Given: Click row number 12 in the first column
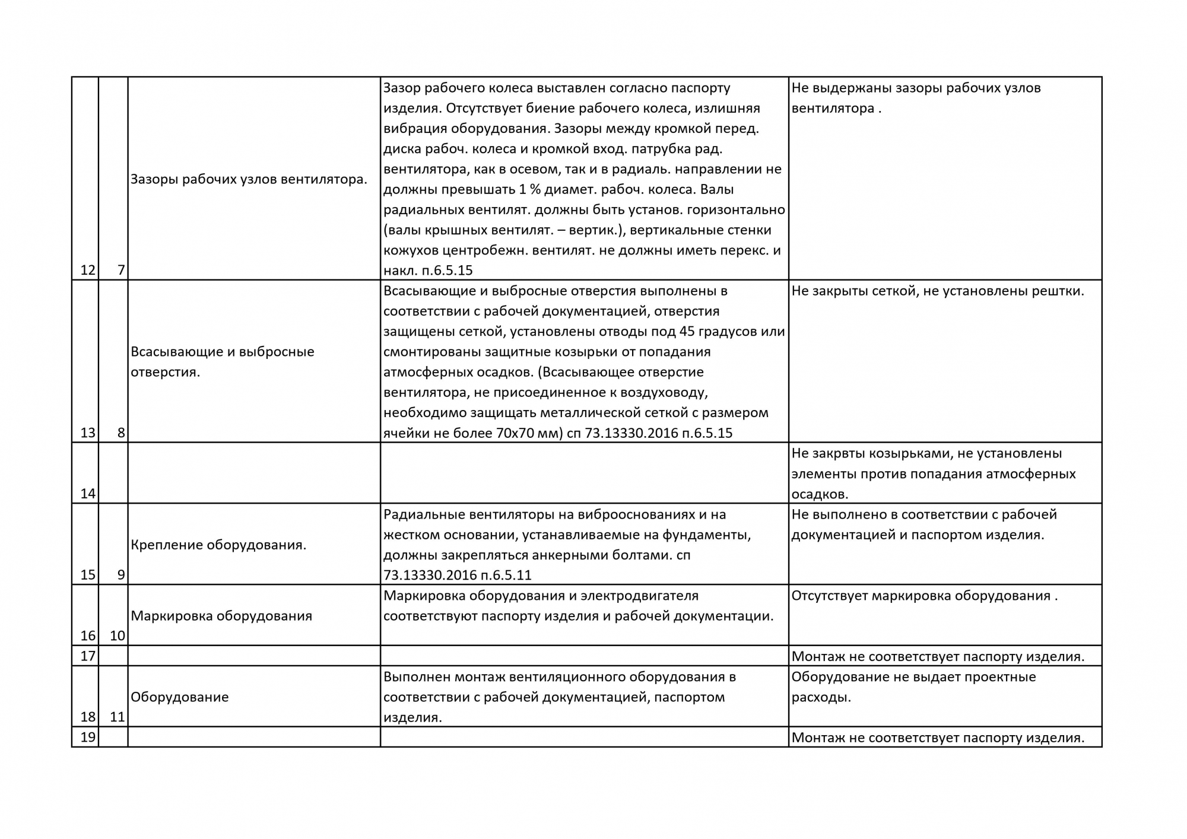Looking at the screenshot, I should click(x=88, y=270).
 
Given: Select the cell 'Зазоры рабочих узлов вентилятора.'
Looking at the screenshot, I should click(x=249, y=179).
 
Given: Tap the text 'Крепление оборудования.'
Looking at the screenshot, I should click(x=218, y=545).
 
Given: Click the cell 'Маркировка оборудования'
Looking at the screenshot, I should click(x=221, y=616).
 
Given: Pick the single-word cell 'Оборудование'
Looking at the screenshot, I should click(x=180, y=697).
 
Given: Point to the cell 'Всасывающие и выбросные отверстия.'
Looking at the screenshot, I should click(x=222, y=362).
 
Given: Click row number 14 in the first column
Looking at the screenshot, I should click(x=88, y=494).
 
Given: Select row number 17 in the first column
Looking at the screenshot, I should click(x=88, y=656).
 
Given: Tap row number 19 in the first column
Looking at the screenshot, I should click(x=88, y=738).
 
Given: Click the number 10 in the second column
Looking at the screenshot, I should click(x=118, y=636).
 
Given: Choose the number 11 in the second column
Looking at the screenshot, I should click(x=118, y=717).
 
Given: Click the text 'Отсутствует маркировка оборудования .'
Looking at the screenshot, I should click(x=925, y=596).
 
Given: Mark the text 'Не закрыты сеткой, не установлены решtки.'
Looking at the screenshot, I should click(x=938, y=291).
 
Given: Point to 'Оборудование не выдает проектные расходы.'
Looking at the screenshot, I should click(x=913, y=687).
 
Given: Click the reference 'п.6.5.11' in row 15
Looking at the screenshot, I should click(x=506, y=575).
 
